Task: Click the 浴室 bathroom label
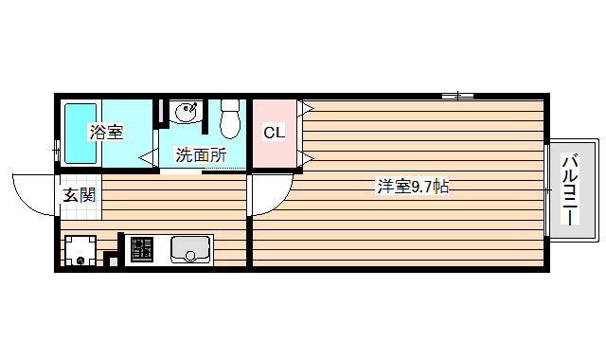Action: pyautogui.click(x=106, y=133)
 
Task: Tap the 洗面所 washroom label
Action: pyautogui.click(x=201, y=155)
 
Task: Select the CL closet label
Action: pyautogui.click(x=274, y=133)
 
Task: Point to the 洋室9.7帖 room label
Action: pyautogui.click(x=413, y=187)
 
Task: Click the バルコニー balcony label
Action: pyautogui.click(x=571, y=189)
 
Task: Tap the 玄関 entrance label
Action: pyautogui.click(x=79, y=196)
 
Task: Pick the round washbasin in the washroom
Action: pyautogui.click(x=187, y=112)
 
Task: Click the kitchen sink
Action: pyautogui.click(x=190, y=250)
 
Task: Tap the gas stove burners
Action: pyautogui.click(x=141, y=250)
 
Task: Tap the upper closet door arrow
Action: pyautogui.click(x=306, y=109)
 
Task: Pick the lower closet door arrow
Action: pyautogui.click(x=306, y=156)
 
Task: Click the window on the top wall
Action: pyautogui.click(x=457, y=95)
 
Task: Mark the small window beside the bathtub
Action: pyautogui.click(x=57, y=152)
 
